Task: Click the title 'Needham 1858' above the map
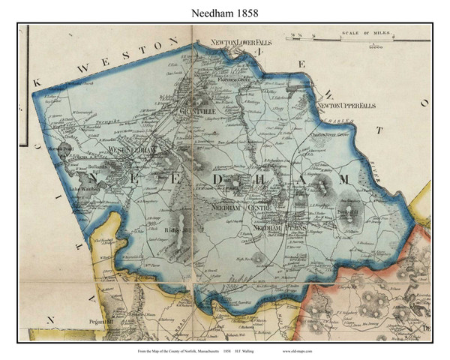[x=225, y=13]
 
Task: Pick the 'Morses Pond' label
[x=60, y=148]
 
